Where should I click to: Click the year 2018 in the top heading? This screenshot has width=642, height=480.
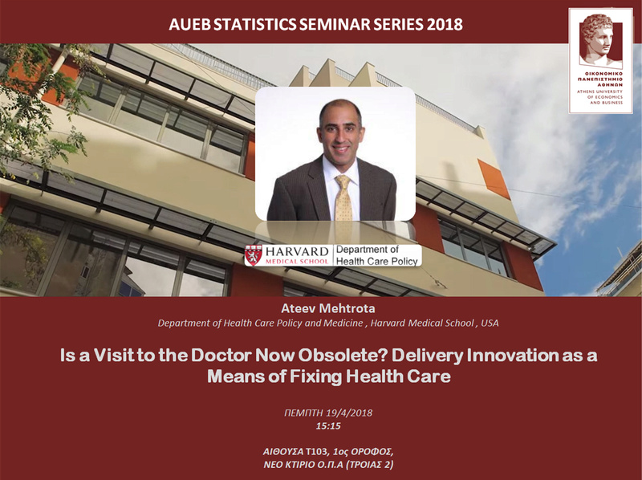445,25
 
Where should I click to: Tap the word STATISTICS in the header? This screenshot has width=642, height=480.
254,25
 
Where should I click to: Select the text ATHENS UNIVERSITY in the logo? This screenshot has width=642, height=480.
599,92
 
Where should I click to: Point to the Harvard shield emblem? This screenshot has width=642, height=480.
254,255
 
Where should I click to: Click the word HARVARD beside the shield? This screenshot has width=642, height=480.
297,251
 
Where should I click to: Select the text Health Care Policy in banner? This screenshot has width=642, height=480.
377,261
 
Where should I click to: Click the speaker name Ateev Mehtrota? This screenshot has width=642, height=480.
328,308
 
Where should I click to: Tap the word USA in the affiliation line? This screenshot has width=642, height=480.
490,323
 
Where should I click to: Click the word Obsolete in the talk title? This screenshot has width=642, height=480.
343,356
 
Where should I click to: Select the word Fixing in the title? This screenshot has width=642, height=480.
316,376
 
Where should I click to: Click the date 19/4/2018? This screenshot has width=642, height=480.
350,413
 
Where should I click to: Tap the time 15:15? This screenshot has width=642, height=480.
328,426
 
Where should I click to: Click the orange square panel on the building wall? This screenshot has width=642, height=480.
494,179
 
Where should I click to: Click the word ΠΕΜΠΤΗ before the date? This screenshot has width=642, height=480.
304,413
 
